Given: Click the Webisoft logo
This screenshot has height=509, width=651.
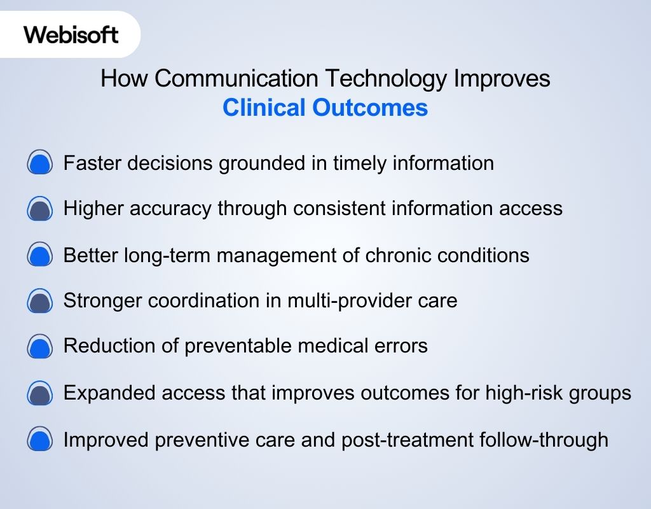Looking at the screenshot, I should tap(71, 34).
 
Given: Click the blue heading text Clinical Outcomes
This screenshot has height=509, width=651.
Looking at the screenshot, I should tap(325, 108).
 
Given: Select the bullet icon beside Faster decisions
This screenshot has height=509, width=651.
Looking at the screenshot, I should tap(40, 164).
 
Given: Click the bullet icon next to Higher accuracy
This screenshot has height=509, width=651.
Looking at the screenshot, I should tap(40, 209).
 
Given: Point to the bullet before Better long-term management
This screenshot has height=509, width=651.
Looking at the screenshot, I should tap(40, 256).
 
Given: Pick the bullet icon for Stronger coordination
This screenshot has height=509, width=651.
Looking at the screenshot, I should tap(40, 301).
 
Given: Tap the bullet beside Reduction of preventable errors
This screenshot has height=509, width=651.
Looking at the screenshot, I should tap(40, 347).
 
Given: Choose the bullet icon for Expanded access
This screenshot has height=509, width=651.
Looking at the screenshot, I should tap(40, 393).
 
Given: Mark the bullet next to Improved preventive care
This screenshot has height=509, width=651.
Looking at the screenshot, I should tap(40, 440).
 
